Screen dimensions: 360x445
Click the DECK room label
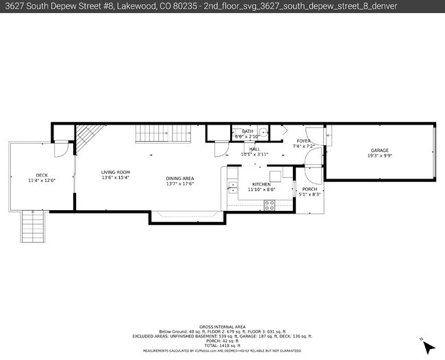41,175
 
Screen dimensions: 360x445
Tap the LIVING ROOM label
116,172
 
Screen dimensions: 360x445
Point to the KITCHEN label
262,184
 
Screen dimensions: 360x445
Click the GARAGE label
379,150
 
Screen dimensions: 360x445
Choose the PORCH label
309,190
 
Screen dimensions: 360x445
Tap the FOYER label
303,141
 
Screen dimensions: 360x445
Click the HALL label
255,149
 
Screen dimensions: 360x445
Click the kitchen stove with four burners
270,203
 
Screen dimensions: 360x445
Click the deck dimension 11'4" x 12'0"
41,181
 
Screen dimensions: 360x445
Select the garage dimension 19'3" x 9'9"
379,156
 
